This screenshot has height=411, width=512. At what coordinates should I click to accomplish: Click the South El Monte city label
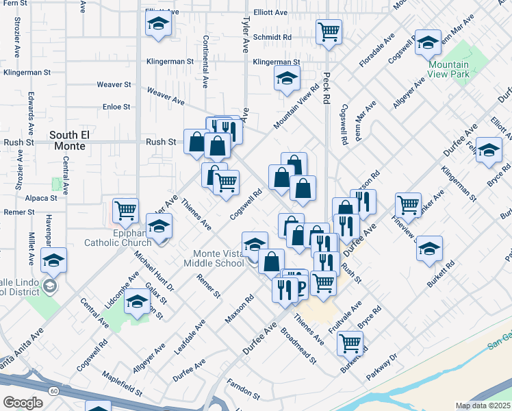(68, 140)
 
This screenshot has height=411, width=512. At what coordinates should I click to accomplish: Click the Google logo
(23, 402)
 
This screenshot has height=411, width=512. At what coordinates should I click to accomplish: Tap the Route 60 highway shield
(53, 391)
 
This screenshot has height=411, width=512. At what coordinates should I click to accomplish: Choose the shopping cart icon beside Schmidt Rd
(329, 32)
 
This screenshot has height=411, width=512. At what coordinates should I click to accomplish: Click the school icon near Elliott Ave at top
(158, 25)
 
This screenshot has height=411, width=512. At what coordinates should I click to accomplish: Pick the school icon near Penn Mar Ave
(428, 42)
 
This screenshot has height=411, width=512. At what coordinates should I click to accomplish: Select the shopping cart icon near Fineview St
(408, 204)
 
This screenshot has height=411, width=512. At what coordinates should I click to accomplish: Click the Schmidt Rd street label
(272, 37)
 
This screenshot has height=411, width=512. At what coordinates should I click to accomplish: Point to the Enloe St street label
(116, 107)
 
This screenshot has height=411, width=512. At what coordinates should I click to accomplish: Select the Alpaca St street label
(42, 198)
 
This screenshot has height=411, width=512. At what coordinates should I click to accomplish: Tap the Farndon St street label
(244, 389)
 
